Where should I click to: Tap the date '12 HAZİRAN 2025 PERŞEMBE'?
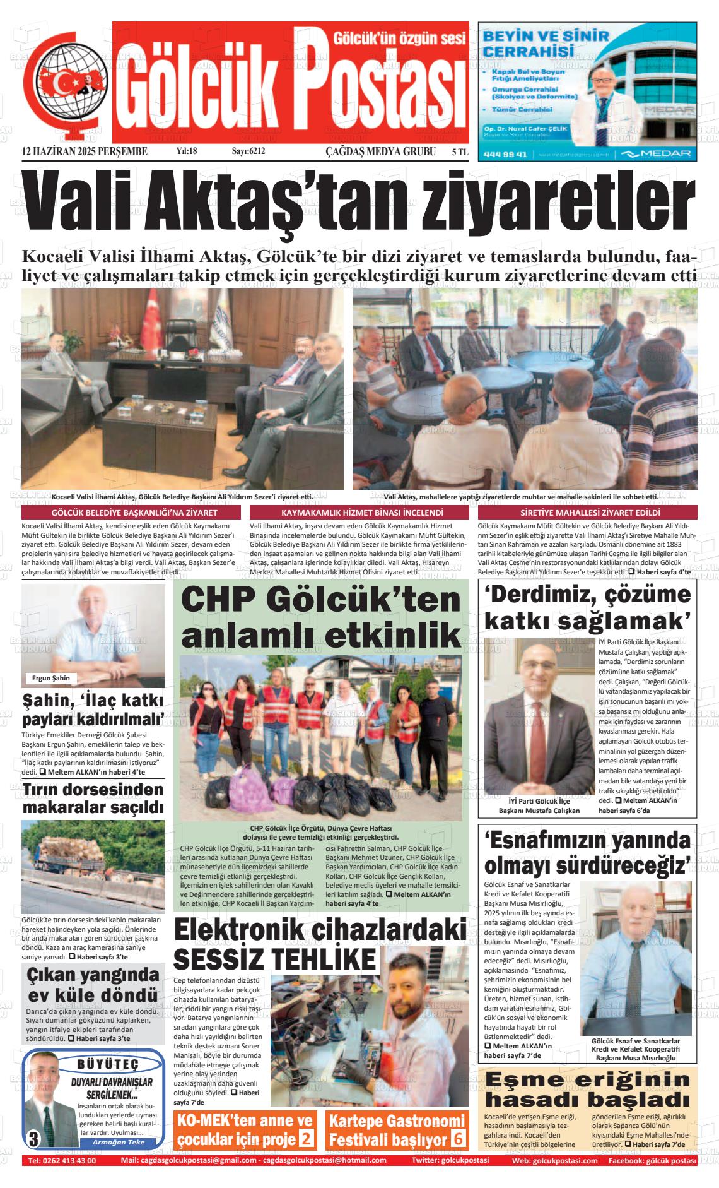85,151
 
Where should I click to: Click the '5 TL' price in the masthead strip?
460,152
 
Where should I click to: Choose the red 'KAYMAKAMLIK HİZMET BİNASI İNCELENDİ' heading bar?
362,513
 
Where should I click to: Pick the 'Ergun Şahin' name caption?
50,678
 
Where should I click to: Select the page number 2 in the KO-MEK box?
306,1139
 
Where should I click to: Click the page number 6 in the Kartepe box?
458,1139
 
